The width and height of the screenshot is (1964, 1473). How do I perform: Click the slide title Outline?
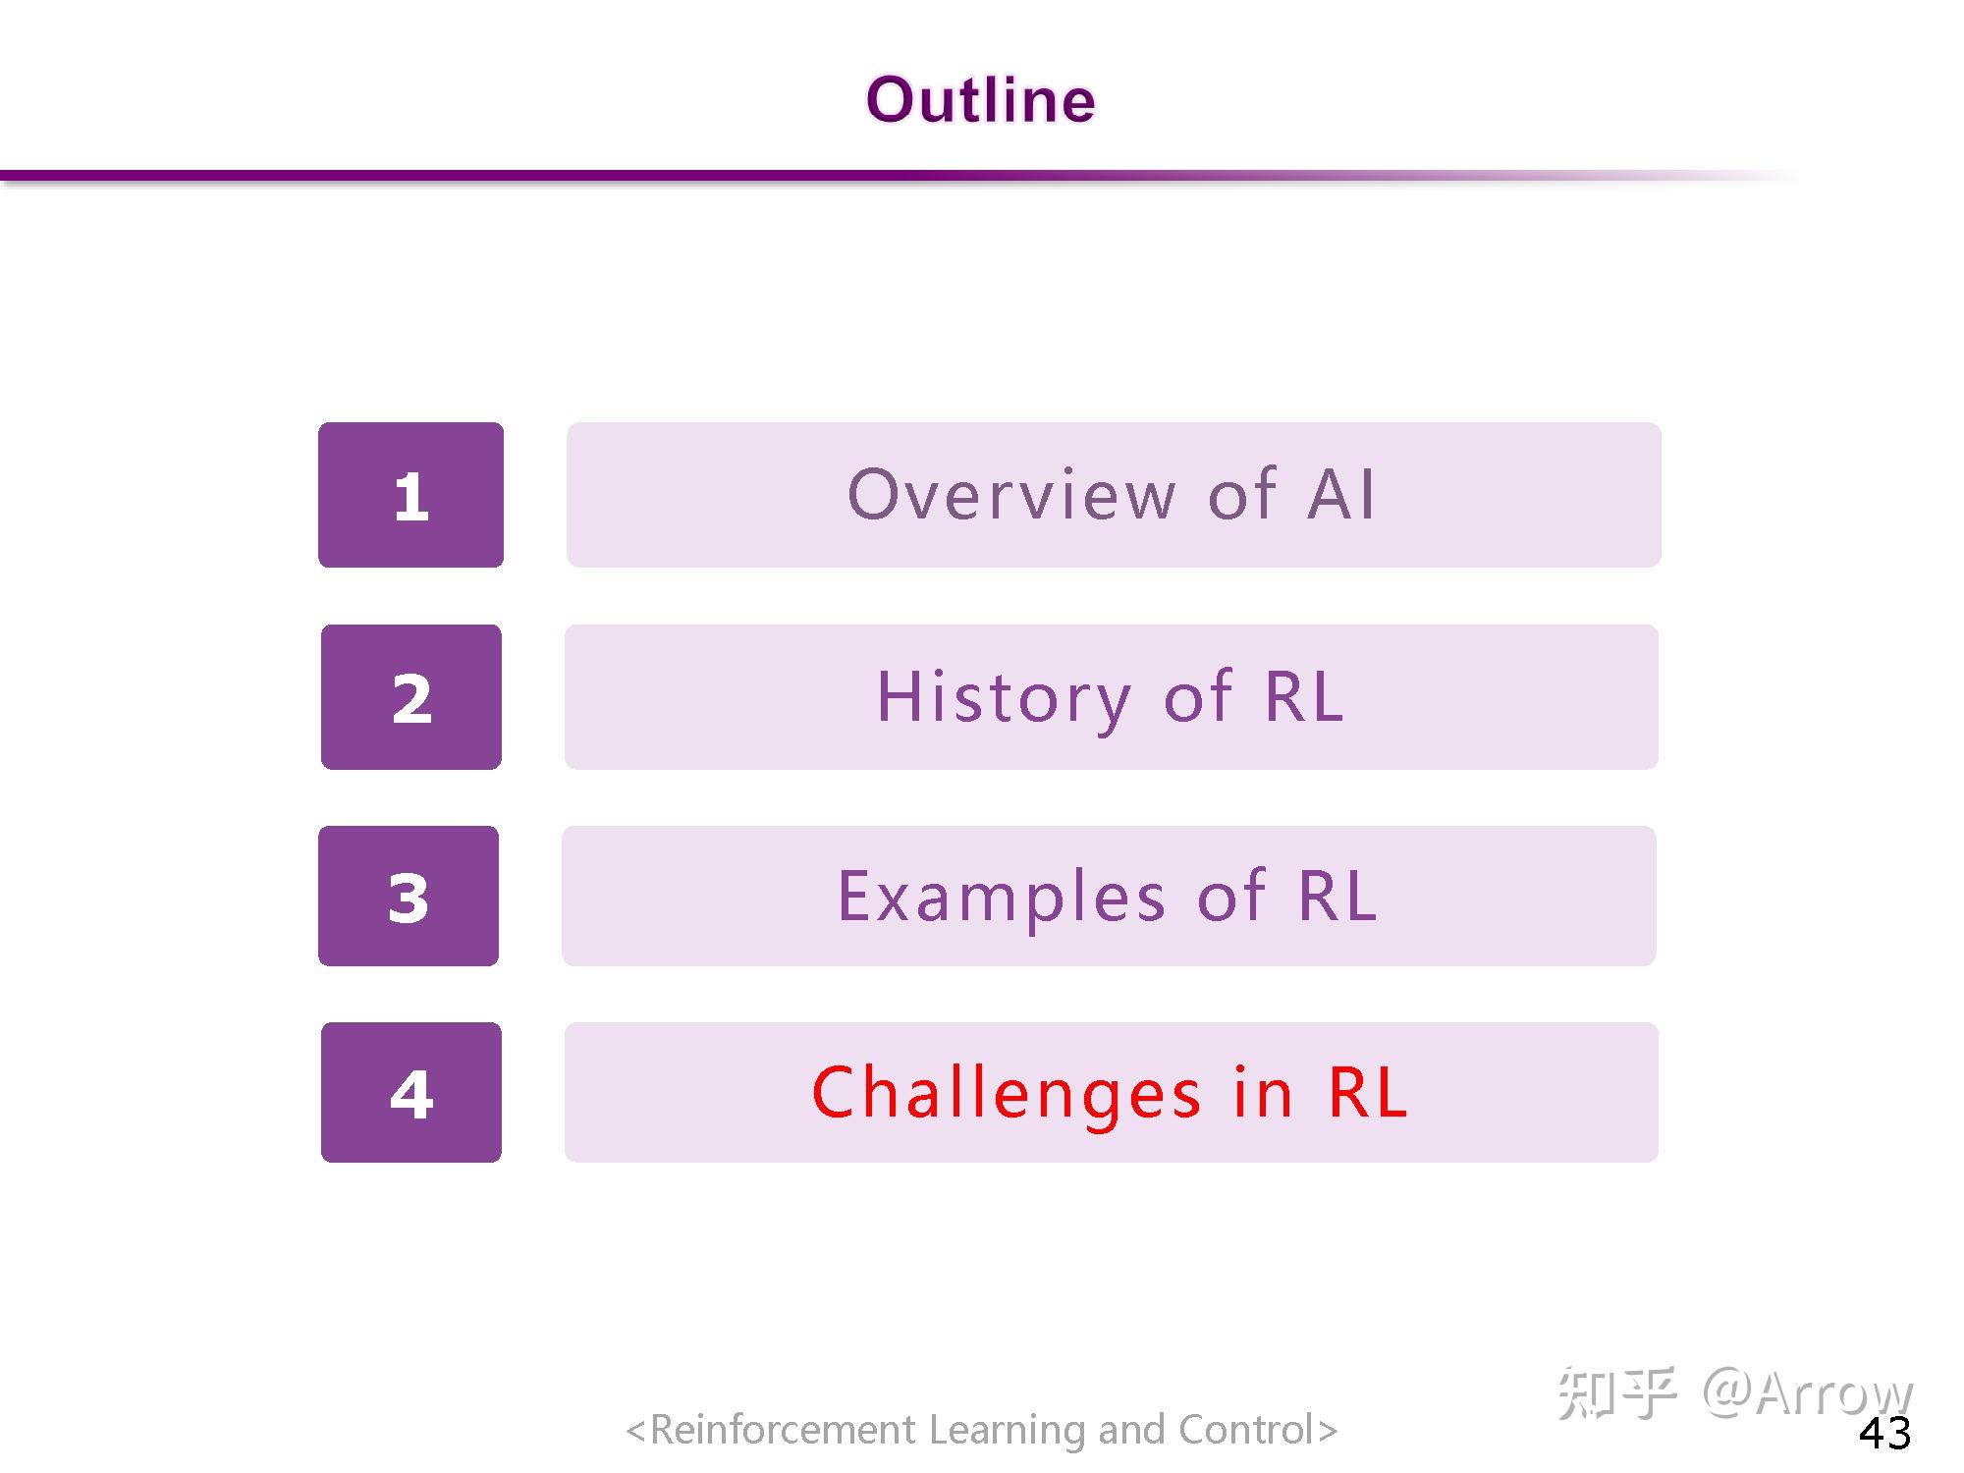pyautogui.click(x=980, y=100)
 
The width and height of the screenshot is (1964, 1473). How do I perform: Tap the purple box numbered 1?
pyautogui.click(x=410, y=495)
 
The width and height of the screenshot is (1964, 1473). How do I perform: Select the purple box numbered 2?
pyautogui.click(x=411, y=697)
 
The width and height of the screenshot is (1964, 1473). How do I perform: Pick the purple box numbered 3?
pyautogui.click(x=409, y=896)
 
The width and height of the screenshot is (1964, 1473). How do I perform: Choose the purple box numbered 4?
pyautogui.click(x=411, y=1092)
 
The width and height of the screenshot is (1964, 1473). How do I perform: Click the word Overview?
pyautogui.click(x=1011, y=494)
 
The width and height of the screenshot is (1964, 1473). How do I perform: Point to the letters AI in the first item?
pyautogui.click(x=1341, y=494)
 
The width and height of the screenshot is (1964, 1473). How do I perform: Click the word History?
pyautogui.click(x=1004, y=697)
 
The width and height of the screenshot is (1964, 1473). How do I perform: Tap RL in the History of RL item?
pyautogui.click(x=1304, y=696)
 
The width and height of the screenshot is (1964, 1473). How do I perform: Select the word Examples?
pyautogui.click(x=1002, y=897)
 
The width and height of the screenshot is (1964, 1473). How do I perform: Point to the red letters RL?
pyautogui.click(x=1368, y=1092)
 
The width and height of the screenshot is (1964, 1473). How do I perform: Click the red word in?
pyautogui.click(x=1263, y=1092)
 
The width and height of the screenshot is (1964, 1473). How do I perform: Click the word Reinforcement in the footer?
pyautogui.click(x=783, y=1430)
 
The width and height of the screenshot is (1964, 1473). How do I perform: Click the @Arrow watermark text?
pyautogui.click(x=1807, y=1392)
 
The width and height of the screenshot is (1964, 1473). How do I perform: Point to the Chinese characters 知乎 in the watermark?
pyautogui.click(x=1616, y=1392)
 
